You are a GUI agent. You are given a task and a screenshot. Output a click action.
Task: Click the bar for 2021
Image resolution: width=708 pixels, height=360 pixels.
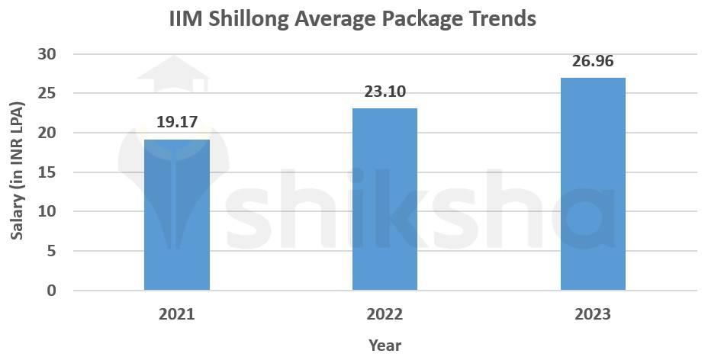(176, 215)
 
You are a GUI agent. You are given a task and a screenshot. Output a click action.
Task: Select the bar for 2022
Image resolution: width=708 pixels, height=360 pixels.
(385, 200)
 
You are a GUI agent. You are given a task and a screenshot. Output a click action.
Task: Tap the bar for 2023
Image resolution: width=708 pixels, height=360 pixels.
(593, 185)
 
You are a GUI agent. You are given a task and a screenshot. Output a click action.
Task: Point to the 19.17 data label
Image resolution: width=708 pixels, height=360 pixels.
(176, 121)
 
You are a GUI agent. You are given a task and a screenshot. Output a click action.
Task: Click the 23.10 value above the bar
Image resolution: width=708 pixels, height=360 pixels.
(385, 92)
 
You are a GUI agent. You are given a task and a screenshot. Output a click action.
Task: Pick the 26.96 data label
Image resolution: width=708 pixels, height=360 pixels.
(593, 60)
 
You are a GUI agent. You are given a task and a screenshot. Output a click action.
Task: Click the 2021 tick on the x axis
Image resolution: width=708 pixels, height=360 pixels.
(176, 314)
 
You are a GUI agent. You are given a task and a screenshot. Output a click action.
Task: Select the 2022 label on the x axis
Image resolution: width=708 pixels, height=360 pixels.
(385, 314)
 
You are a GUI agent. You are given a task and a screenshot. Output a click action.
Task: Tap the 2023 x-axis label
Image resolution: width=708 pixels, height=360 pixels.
(593, 314)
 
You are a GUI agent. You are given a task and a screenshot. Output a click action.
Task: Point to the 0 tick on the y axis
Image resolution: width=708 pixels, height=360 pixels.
(51, 291)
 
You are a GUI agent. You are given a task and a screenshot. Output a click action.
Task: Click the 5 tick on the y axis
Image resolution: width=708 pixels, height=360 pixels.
(51, 251)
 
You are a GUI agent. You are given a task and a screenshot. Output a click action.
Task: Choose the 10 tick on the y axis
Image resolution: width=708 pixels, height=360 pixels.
(47, 211)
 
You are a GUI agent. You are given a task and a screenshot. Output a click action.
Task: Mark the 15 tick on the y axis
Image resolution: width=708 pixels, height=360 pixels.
(47, 172)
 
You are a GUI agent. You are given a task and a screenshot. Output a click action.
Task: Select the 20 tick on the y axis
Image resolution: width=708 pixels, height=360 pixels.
(47, 133)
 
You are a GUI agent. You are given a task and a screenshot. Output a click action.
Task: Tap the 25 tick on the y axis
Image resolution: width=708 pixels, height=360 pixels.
(47, 93)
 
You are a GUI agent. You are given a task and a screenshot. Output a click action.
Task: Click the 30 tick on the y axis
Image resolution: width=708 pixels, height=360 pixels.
(47, 54)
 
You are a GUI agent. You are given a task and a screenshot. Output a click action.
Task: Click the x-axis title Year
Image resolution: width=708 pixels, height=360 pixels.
(385, 345)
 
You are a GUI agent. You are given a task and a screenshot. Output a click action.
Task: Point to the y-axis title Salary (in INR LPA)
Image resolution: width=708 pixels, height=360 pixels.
(17, 173)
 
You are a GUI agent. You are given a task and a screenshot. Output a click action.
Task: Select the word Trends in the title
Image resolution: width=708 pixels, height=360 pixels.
(501, 18)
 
